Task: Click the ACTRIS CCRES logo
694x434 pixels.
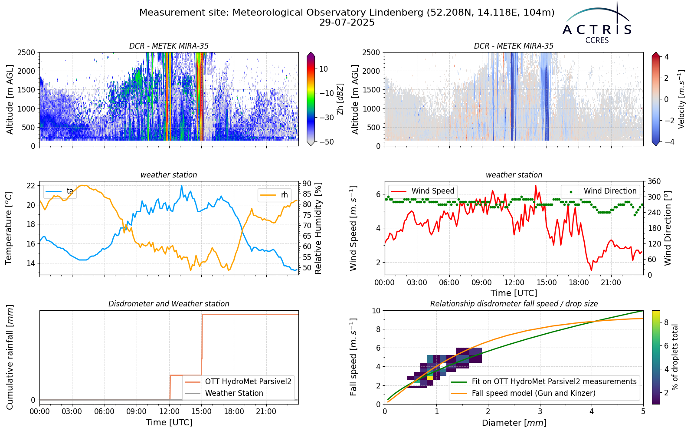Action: pyautogui.click(x=596, y=23)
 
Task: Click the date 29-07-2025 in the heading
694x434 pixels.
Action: pyautogui.click(x=347, y=23)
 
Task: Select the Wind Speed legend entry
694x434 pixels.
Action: pyautogui.click(x=422, y=191)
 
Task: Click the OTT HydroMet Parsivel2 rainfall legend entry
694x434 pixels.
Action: pyautogui.click(x=238, y=381)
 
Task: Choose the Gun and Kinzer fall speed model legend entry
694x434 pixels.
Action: pyautogui.click(x=523, y=393)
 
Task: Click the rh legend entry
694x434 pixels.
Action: pyautogui.click(x=274, y=195)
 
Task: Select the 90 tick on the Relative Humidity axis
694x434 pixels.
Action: pyautogui.click(x=307, y=183)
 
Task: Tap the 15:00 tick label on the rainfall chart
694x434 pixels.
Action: pyautogui.click(x=202, y=412)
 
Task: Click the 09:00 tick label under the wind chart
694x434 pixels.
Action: pyautogui.click(x=481, y=283)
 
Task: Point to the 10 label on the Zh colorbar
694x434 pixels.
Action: pyautogui.click(x=324, y=69)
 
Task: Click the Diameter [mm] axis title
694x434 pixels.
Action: pyautogui.click(x=514, y=423)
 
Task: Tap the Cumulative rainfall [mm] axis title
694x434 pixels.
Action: pyautogui.click(x=10, y=357)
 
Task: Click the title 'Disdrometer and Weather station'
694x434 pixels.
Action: pyautogui.click(x=169, y=304)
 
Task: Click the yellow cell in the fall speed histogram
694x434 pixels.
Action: pyautogui.click(x=430, y=378)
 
